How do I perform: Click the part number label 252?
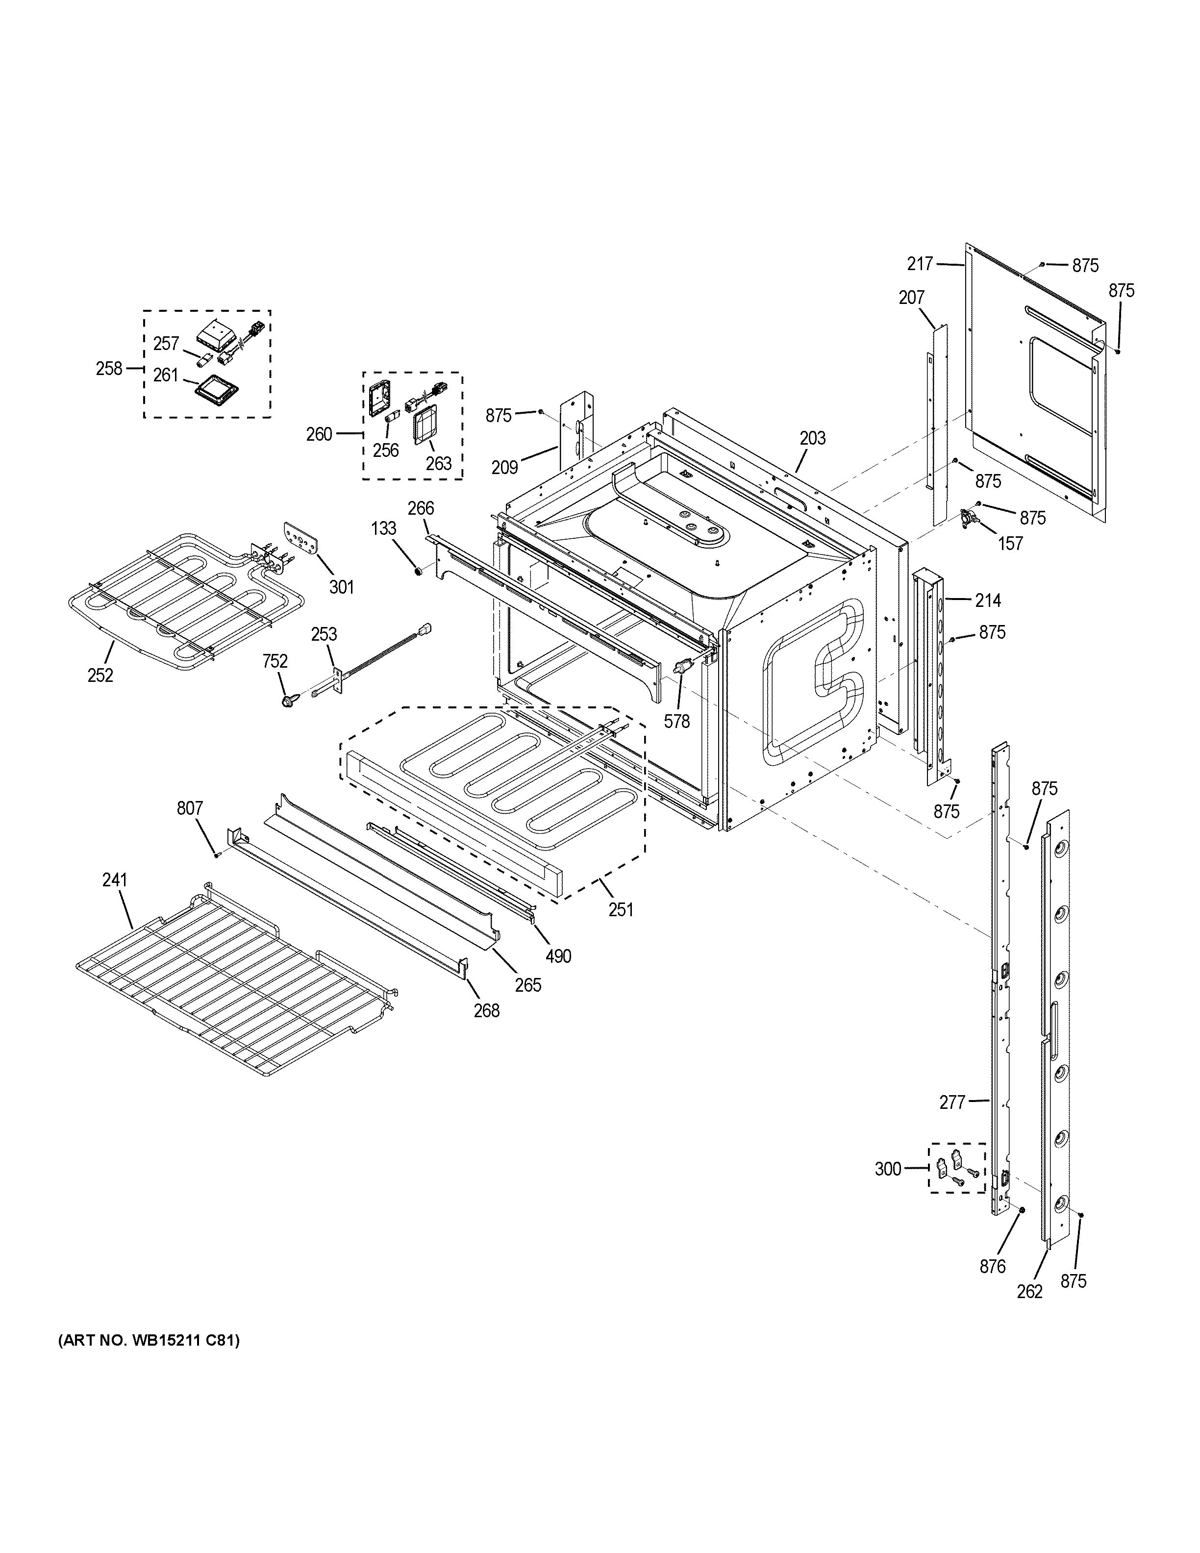(x=100, y=675)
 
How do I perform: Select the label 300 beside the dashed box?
(x=887, y=1168)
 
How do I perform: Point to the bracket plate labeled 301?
(x=299, y=544)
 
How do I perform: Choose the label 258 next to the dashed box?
(x=109, y=368)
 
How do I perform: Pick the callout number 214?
(x=987, y=601)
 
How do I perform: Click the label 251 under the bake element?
(x=621, y=909)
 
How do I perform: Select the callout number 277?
(x=952, y=1102)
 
